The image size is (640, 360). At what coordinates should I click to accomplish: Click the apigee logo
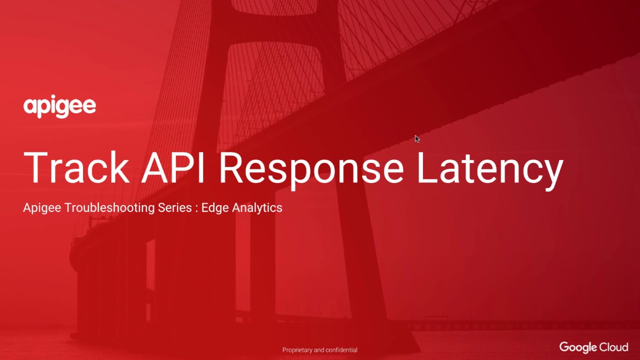pos(59,106)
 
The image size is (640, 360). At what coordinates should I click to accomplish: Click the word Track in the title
pos(76,167)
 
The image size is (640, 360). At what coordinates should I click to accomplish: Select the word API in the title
pos(173,167)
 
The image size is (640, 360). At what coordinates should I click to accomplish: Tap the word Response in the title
pos(311,167)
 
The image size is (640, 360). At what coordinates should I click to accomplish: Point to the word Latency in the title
pos(490,167)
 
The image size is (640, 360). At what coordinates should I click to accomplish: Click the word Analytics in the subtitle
pos(257,207)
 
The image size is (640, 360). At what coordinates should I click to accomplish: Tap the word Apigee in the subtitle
pos(42,207)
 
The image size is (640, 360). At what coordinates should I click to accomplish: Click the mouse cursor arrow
pos(417,138)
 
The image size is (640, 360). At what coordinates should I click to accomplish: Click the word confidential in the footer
pos(342,350)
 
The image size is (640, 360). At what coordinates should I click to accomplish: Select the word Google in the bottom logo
pos(578,347)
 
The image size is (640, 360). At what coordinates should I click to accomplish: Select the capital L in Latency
pos(426,167)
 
